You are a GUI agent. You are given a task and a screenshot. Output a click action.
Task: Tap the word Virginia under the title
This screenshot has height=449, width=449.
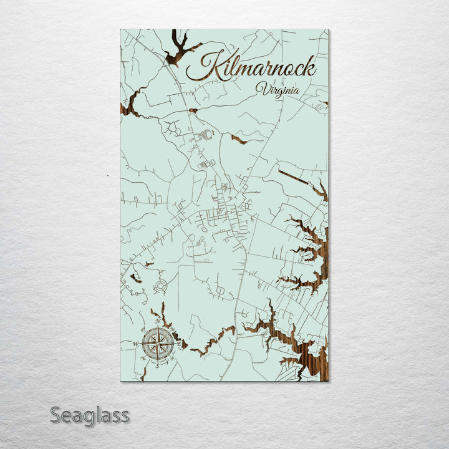pos(277,89)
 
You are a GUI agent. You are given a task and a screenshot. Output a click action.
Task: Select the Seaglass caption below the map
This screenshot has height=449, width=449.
pos(90,415)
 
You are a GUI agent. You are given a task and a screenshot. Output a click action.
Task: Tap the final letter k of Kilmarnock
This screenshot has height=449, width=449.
pos(309,66)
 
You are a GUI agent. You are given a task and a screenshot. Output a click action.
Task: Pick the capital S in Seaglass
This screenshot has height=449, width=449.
pos(57,415)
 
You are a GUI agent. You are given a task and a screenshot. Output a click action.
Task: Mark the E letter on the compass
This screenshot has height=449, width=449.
pos(180,344)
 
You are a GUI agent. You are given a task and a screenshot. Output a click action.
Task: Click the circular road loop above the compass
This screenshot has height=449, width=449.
pos(162,286)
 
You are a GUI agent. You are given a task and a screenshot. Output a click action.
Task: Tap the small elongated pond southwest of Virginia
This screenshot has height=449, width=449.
pos(238,138)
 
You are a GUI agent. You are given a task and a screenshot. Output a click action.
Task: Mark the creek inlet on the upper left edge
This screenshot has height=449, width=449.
pos(131,107)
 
